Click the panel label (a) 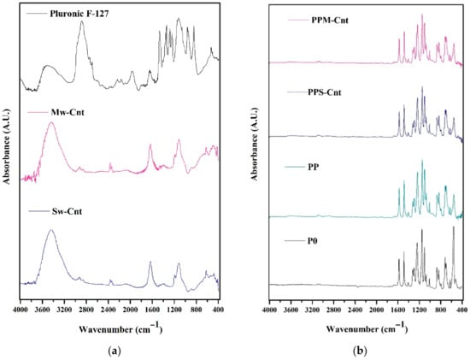119,351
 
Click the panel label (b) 365,351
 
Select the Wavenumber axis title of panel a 120,328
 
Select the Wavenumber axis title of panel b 366,328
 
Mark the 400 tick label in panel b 462,310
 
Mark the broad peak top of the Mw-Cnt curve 51,123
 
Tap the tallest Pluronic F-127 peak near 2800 82,22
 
